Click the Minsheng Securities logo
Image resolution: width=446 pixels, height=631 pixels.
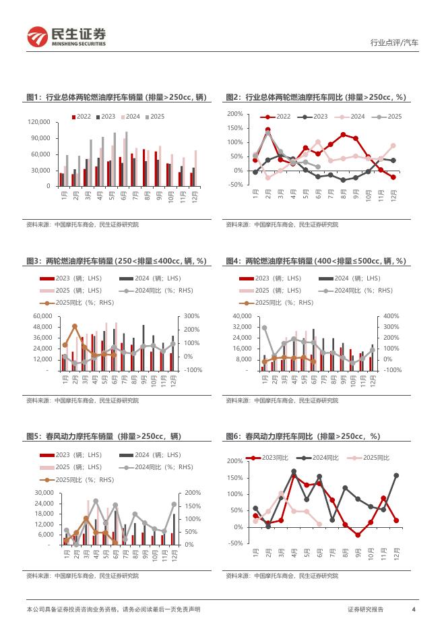point(66,37)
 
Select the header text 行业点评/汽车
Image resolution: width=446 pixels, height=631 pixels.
point(394,42)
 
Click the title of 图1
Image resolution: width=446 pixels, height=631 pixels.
point(115,98)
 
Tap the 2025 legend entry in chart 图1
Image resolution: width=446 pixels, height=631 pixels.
point(154,117)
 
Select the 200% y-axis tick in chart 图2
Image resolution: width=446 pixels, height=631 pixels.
point(234,114)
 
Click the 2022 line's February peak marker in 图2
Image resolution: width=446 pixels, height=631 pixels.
point(267,129)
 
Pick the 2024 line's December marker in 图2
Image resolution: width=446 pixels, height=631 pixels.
point(393,145)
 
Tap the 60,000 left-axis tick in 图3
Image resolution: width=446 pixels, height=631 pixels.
point(42,316)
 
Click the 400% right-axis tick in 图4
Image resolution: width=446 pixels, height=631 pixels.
point(392,316)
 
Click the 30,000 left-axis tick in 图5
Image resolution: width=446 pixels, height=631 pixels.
point(42,492)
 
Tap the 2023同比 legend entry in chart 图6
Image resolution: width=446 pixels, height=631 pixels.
point(273,458)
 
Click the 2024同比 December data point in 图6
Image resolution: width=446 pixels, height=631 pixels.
point(396,475)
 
